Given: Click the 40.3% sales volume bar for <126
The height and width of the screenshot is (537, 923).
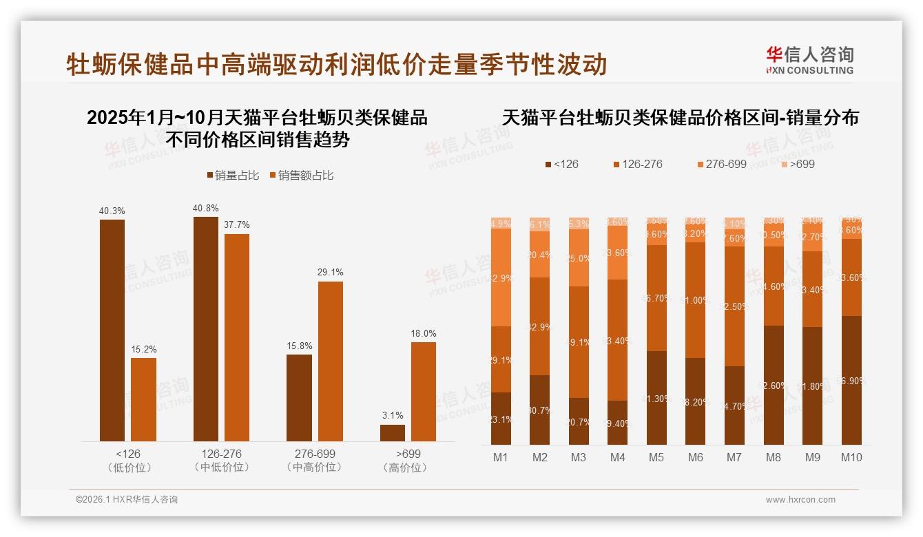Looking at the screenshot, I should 112,330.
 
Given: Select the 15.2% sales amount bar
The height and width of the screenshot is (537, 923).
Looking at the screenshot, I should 143,399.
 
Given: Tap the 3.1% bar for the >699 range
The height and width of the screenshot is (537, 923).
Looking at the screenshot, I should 393,433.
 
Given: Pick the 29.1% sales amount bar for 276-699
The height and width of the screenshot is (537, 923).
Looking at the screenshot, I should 330,361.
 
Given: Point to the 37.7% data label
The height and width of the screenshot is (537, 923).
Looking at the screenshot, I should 237,225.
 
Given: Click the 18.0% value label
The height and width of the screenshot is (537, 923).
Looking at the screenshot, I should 424,333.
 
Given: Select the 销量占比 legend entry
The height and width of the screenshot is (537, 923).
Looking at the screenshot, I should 233,176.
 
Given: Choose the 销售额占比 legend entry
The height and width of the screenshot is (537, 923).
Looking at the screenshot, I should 301,176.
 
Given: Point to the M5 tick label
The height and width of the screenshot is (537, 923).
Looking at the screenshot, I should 656,457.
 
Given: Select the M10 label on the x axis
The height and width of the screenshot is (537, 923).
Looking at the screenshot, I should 851,457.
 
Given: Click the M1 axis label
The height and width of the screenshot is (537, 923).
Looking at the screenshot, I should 500,457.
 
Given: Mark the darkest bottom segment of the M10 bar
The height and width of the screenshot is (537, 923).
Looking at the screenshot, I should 851,380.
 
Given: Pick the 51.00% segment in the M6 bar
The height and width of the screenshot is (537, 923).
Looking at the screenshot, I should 696,299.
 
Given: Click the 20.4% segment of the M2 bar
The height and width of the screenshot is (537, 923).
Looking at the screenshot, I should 539,254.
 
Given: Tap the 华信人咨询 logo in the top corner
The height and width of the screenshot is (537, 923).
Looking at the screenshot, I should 809,60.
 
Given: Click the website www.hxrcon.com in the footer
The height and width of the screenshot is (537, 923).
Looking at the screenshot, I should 800,500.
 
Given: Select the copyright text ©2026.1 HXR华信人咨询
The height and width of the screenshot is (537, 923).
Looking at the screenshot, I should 126,500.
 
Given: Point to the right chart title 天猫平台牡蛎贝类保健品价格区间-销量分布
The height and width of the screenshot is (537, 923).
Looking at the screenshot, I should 681,118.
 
